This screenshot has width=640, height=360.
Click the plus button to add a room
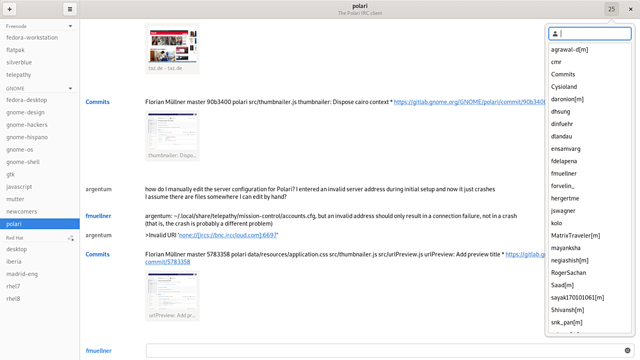click(10, 9)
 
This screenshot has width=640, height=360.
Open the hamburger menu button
click(70, 9)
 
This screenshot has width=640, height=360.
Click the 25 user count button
click(611, 9)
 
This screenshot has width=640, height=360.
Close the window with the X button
click(630, 9)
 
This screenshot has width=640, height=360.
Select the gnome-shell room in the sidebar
click(23, 162)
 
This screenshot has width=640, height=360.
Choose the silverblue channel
click(19, 63)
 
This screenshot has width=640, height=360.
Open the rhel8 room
click(13, 299)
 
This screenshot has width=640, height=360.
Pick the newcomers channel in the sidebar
click(22, 212)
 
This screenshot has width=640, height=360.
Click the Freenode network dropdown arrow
click(70, 26)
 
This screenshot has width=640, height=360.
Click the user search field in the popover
click(594, 34)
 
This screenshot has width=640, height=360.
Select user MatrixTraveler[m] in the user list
click(575, 236)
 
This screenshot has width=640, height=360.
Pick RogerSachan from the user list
click(568, 273)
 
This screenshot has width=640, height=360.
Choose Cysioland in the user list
click(564, 87)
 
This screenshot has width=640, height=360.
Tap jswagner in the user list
click(563, 211)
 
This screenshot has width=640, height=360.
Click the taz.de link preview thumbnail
click(172, 46)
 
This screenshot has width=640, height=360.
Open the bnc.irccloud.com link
click(228, 235)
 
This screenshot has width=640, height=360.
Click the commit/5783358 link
click(168, 262)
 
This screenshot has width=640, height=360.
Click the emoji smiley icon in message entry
click(627, 351)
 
